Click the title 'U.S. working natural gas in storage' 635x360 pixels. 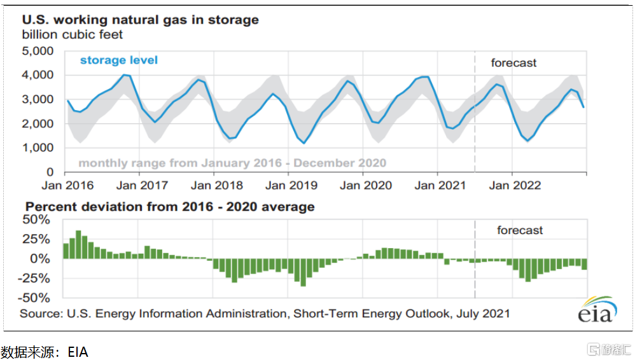click(x=140, y=20)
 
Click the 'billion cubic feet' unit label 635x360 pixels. click(x=73, y=34)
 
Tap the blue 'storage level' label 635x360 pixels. click(x=118, y=60)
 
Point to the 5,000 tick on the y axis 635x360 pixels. click(x=39, y=51)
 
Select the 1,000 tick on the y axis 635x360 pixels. click(x=39, y=148)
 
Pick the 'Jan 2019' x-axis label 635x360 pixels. click(x=290, y=185)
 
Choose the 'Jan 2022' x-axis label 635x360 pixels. click(x=514, y=185)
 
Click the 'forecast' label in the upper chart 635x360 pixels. click(x=513, y=63)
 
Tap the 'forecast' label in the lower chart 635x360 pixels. click(x=520, y=230)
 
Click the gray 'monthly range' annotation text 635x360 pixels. click(x=232, y=163)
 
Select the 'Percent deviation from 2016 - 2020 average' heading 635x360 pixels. click(x=169, y=207)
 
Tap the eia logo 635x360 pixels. click(x=596, y=310)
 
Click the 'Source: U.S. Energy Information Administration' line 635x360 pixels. click(x=264, y=314)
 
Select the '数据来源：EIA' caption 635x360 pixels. click(x=45, y=352)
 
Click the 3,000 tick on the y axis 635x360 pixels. click(x=39, y=99)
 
